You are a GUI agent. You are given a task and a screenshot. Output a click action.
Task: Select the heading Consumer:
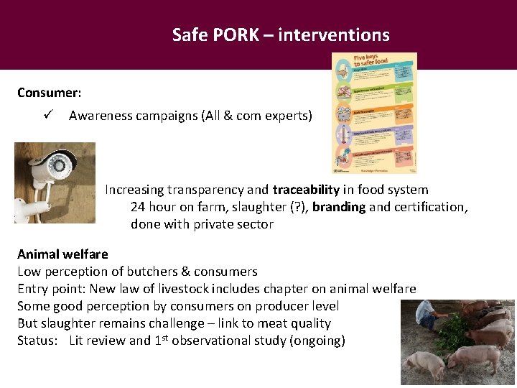point(49,93)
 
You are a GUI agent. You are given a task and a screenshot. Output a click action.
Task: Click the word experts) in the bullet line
point(288,115)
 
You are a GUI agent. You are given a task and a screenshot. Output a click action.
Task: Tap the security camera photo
point(55,183)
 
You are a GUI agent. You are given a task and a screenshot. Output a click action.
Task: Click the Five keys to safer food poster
point(374,113)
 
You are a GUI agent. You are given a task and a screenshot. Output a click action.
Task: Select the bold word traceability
point(306,190)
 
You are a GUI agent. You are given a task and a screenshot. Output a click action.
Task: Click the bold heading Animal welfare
point(62,254)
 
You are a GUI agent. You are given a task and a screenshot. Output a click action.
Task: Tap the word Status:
point(38,341)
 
